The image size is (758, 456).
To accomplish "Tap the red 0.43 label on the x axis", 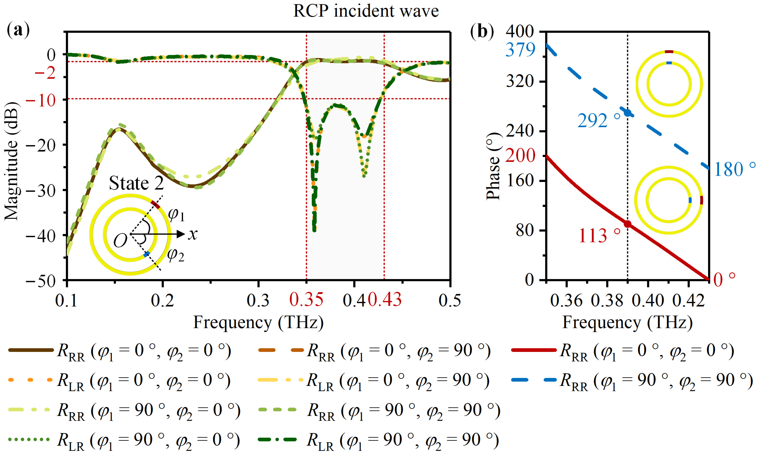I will [x=385, y=300].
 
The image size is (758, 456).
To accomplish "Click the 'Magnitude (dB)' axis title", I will [x=12, y=161].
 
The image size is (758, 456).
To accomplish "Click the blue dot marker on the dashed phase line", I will [x=627, y=112].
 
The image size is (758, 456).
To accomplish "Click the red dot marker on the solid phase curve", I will [x=627, y=224].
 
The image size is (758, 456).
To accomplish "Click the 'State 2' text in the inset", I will [x=136, y=183].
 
